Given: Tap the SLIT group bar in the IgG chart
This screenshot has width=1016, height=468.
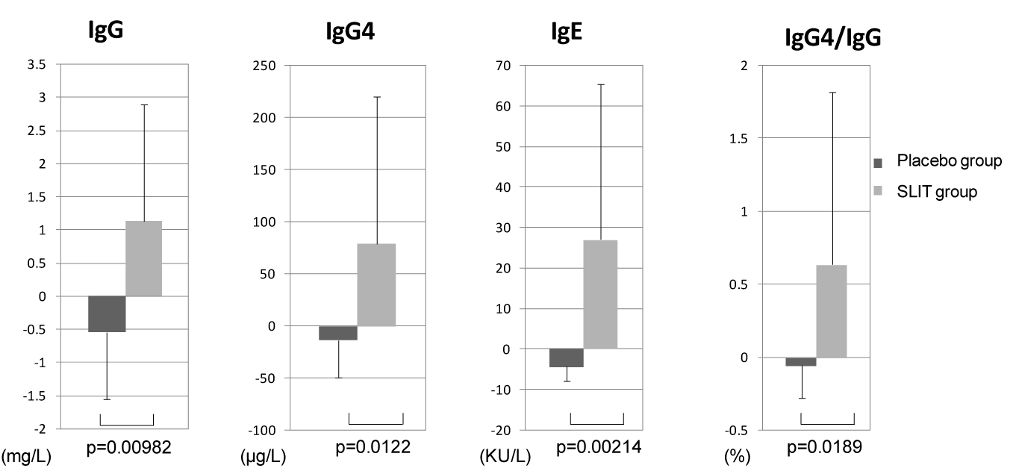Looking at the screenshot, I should pos(143,258).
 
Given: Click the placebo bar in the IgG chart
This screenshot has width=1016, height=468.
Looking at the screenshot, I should pos(107,313).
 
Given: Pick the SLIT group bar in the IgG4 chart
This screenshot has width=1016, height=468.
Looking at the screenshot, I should pos(376,284).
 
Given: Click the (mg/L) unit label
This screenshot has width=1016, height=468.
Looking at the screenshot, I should pos(26,457).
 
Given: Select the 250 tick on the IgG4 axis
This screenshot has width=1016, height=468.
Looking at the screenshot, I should pos(265,66).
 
